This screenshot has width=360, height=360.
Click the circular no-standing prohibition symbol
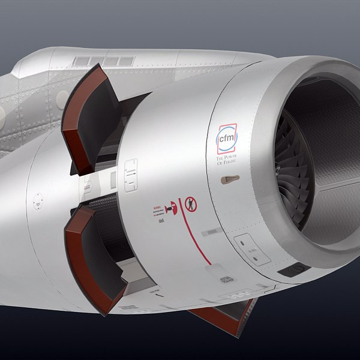point(190,203)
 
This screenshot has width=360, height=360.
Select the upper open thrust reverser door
point(90,117)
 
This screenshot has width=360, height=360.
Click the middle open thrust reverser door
point(90,252)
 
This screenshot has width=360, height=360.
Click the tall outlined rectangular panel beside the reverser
point(131,175)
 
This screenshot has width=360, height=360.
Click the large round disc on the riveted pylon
point(62,100)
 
